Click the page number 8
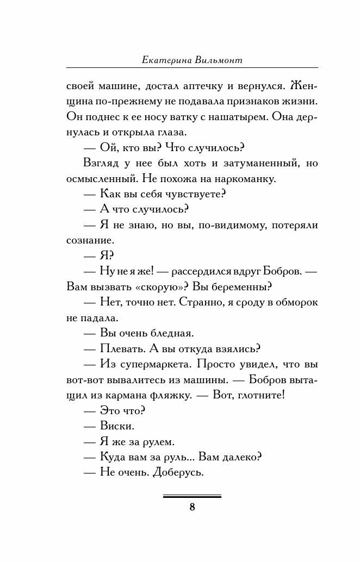click(192, 508)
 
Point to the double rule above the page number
click(192, 496)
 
